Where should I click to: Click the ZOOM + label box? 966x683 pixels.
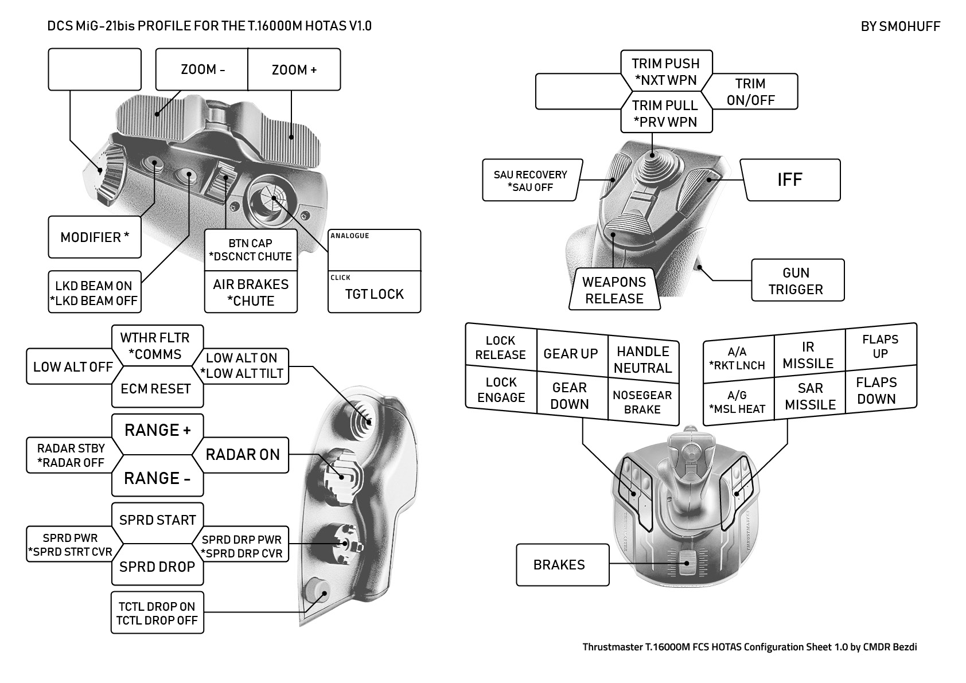294,70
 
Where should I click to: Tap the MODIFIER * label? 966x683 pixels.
95,237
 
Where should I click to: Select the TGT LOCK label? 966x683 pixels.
374,294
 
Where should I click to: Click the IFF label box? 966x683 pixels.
790,180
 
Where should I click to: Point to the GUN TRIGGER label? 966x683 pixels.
796,281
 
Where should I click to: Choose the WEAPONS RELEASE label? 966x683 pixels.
614,290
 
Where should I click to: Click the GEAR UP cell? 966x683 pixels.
571,354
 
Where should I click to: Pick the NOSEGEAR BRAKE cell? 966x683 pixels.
642,403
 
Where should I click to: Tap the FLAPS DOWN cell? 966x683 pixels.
877,391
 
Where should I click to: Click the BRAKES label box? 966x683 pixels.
560,565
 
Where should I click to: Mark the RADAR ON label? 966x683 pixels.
243,455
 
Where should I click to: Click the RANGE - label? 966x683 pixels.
157,478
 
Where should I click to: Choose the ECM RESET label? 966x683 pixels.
155,389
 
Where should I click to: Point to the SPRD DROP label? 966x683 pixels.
157,567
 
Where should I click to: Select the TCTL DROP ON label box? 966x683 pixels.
157,613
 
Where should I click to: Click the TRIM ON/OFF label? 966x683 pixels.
750,92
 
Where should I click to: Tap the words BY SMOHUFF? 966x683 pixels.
900,26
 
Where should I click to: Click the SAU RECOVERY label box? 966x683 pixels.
531,181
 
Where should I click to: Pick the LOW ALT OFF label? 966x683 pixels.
73,367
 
